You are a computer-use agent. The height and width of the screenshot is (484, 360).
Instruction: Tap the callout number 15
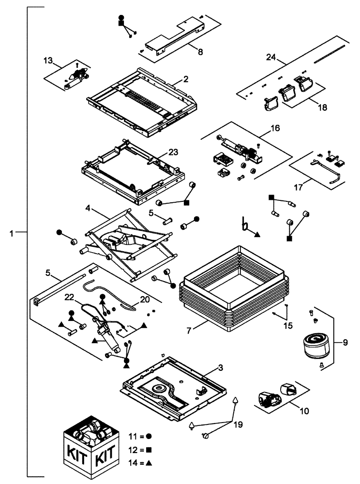tap(288, 326)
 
